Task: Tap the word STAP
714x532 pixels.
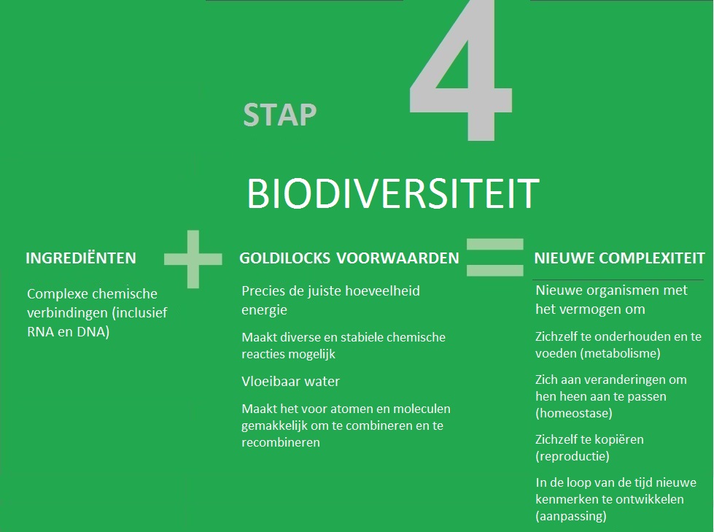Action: pyautogui.click(x=279, y=115)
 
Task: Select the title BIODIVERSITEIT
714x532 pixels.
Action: pyautogui.click(x=393, y=194)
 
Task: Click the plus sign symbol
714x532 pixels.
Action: pyautogui.click(x=193, y=259)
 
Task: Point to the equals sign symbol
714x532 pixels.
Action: pyautogui.click(x=495, y=258)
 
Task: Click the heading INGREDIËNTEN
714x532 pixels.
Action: pyautogui.click(x=81, y=258)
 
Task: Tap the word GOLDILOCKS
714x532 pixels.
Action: pyautogui.click(x=284, y=258)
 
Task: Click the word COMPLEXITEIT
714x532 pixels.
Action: pyautogui.click(x=651, y=258)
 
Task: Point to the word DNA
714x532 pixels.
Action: pyautogui.click(x=93, y=331)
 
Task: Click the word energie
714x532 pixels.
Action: pyautogui.click(x=264, y=311)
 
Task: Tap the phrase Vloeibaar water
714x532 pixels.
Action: pyautogui.click(x=290, y=381)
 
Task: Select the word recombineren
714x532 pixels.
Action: pyautogui.click(x=281, y=442)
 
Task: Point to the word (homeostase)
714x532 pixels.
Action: pyautogui.click(x=574, y=413)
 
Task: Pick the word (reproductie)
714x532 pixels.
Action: pyautogui.click(x=573, y=456)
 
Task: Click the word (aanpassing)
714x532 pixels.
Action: pyautogui.click(x=571, y=516)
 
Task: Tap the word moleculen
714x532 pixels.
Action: pyautogui.click(x=422, y=409)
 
